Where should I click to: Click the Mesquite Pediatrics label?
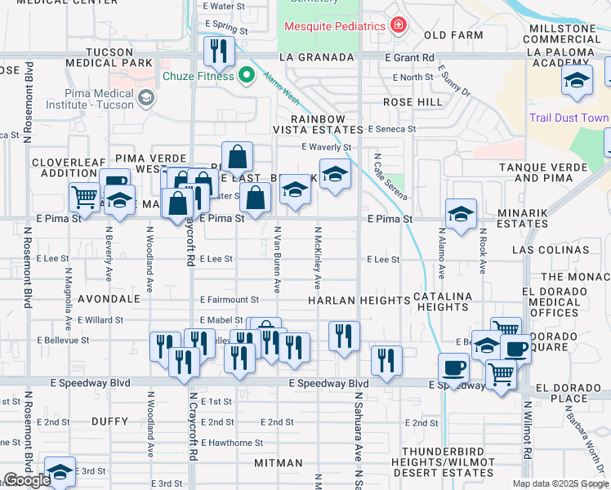(334, 26)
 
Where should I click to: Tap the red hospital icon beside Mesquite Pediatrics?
(398, 26)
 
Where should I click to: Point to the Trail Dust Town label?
(569, 118)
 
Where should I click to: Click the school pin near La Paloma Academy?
(577, 82)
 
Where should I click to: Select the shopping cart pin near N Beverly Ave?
(85, 197)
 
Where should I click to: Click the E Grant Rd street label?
(412, 58)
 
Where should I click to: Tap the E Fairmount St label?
(229, 301)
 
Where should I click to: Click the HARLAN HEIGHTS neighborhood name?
(359, 301)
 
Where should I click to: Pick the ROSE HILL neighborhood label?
(413, 103)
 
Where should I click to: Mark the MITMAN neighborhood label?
(279, 463)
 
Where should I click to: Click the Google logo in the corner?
(27, 480)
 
